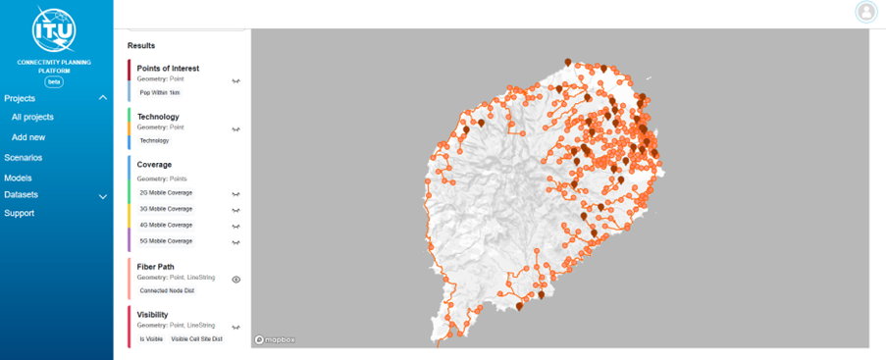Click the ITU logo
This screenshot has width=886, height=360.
point(55,29)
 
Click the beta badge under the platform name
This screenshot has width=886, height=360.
point(55,81)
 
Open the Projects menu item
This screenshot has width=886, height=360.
point(20,98)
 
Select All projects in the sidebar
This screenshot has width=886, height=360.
point(32,118)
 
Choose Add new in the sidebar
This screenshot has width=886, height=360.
point(28,137)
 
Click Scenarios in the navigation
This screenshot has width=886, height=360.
point(23,157)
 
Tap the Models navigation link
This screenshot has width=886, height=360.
point(18,178)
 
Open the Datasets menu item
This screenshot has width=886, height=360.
point(22,195)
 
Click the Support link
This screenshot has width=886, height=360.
point(19,213)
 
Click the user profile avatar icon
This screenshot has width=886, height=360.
point(865,12)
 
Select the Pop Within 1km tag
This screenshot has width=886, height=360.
point(159,92)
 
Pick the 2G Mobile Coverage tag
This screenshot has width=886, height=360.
point(166,193)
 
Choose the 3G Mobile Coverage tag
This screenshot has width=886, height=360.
point(166,209)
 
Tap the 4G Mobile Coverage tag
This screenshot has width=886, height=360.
point(166,225)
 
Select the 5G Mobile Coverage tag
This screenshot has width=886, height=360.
point(166,240)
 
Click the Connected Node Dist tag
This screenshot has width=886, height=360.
point(167,289)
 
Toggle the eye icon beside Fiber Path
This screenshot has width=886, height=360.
point(236,280)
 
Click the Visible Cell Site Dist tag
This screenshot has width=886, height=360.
point(197,338)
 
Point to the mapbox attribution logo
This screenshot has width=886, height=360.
point(275,339)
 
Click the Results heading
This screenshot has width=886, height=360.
point(141,46)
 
